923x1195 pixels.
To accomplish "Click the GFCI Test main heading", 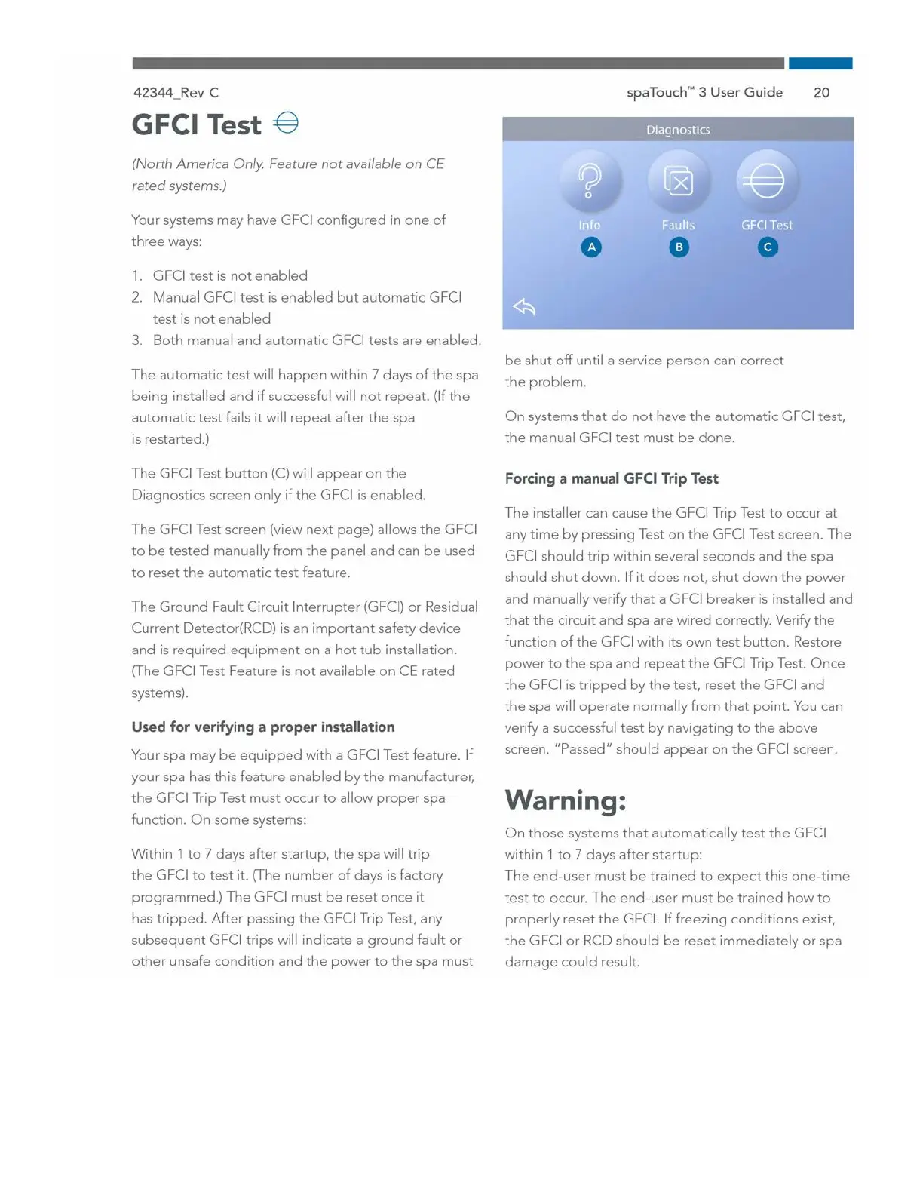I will pyautogui.click(x=197, y=125).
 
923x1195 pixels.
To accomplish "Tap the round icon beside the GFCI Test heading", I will pyautogui.click(x=287, y=122).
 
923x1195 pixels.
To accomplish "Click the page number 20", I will pyautogui.click(x=821, y=93).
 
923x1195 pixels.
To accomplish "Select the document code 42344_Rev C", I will pyautogui.click(x=176, y=93).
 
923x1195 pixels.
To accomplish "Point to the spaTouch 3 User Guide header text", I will pyautogui.click(x=704, y=93).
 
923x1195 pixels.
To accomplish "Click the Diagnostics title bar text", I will pyautogui.click(x=678, y=130).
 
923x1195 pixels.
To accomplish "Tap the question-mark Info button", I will pyautogui.click(x=590, y=181).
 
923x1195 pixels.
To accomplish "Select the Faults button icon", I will pyautogui.click(x=679, y=181).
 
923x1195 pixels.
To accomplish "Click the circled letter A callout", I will pyautogui.click(x=591, y=247).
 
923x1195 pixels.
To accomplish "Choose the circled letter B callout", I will pyautogui.click(x=679, y=247).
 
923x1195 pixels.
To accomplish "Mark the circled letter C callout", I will pyautogui.click(x=768, y=247).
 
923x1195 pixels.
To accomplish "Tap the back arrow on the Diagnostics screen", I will pyautogui.click(x=524, y=306).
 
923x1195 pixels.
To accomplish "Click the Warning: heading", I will pyautogui.click(x=565, y=800).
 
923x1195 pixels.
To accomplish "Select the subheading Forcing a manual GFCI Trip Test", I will pyautogui.click(x=611, y=478).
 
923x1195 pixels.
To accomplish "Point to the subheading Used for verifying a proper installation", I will pyautogui.click(x=262, y=727).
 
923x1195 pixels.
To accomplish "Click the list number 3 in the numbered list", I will pyautogui.click(x=136, y=340).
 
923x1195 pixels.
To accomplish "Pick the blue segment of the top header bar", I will pyautogui.click(x=820, y=63).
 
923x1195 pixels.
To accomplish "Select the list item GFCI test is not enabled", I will pyautogui.click(x=230, y=276).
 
